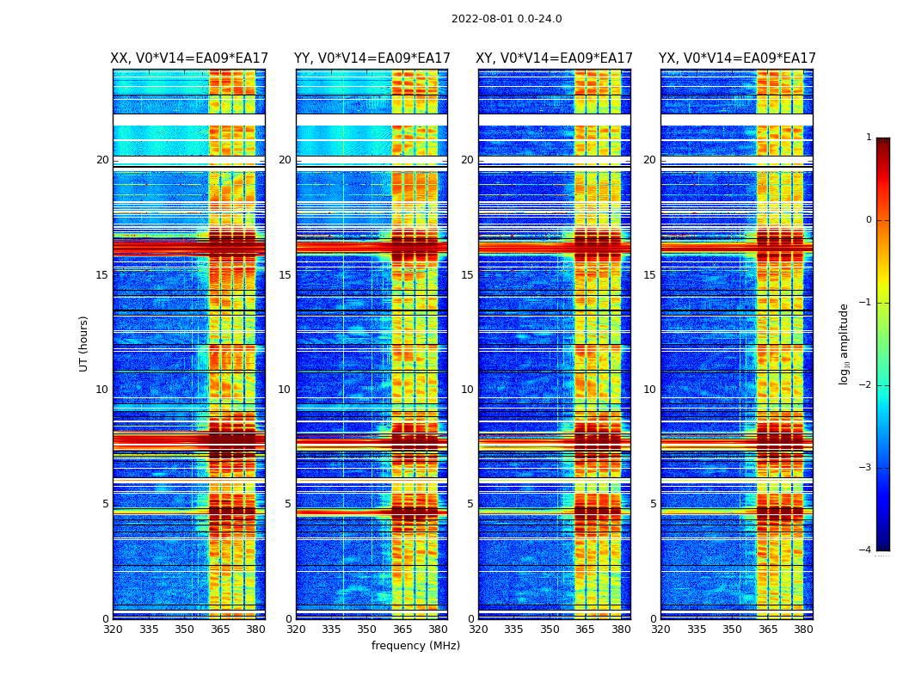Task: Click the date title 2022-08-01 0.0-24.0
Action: pos(507,19)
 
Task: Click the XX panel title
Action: pos(189,58)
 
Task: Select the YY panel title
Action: pos(372,58)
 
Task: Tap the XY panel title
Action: pos(555,58)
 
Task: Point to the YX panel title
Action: pos(737,58)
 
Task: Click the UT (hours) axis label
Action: pos(84,343)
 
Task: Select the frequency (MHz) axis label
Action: pos(415,646)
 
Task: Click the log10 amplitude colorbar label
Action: pos(845,343)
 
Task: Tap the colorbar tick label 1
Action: pos(868,138)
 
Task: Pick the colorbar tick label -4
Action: pos(866,550)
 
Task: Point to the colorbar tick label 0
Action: pos(868,220)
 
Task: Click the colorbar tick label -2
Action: pos(866,385)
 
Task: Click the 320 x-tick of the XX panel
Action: pos(113,630)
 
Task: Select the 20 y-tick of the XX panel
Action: pos(102,160)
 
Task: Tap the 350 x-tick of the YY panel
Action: pos(366,630)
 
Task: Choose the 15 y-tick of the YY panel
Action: pos(285,275)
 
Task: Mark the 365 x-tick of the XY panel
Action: pos(585,630)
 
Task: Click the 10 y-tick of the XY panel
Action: pos(467,390)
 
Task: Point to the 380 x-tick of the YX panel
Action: pos(803,630)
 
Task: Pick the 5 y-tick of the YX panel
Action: pos(653,504)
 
